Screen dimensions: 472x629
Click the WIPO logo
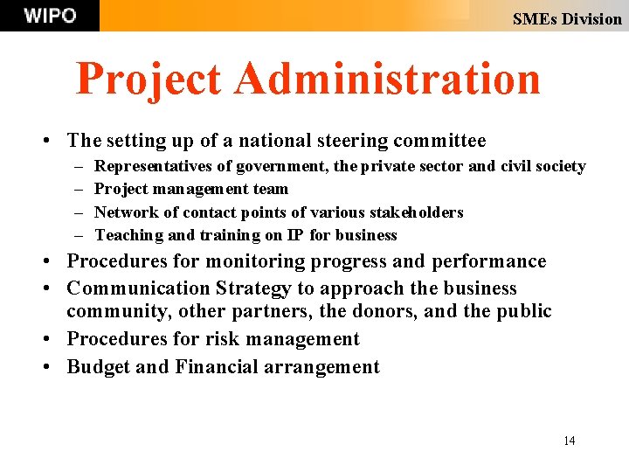[x=50, y=16]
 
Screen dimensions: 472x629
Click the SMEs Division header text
[x=567, y=18]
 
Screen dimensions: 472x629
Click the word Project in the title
[x=149, y=79]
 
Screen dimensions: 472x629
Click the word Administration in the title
[x=387, y=79]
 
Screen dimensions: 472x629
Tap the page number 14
[x=569, y=441]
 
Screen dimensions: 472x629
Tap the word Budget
[x=98, y=367]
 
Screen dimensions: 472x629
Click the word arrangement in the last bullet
[x=327, y=367]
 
